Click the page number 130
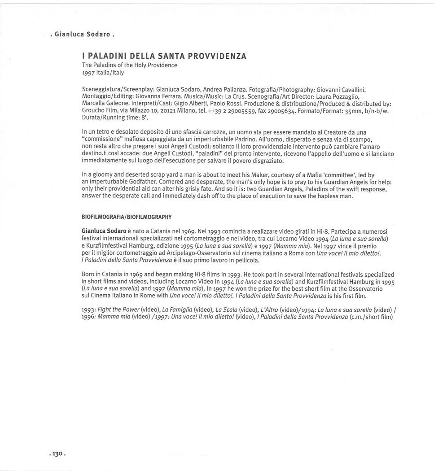point(57,454)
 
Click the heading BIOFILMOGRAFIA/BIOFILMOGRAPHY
point(127,217)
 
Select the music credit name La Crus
point(235,96)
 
